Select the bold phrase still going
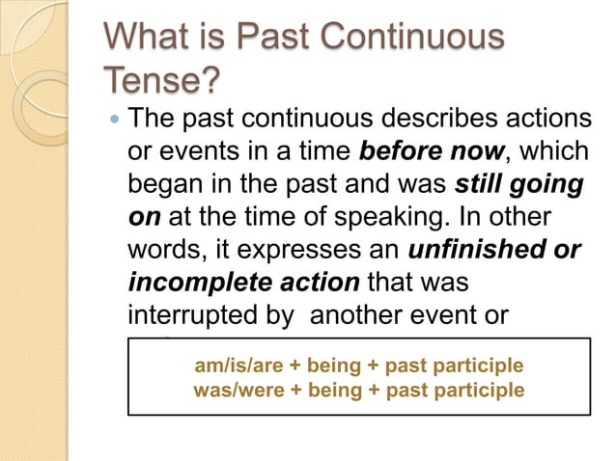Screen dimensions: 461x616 click(521, 186)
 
